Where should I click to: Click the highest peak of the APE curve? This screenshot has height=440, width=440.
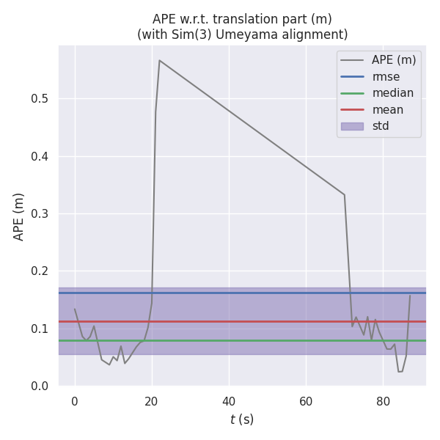pyautogui.click(x=159, y=60)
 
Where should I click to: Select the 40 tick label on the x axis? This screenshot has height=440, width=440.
pyautogui.click(x=229, y=401)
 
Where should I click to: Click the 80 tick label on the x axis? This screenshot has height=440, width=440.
pyautogui.click(x=383, y=401)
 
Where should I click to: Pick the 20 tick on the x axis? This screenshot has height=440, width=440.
pyautogui.click(x=152, y=401)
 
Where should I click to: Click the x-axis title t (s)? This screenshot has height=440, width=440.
pyautogui.click(x=241, y=419)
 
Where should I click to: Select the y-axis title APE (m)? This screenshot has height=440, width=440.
pyautogui.click(x=20, y=216)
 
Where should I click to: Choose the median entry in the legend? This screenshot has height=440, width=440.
pyautogui.click(x=392, y=93)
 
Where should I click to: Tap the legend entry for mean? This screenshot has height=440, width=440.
pyautogui.click(x=387, y=110)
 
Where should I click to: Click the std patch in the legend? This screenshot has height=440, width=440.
pyautogui.click(x=352, y=126)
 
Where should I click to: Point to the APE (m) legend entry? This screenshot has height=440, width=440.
pyautogui.click(x=394, y=60)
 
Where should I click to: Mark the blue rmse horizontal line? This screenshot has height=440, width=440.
pyautogui.click(x=242, y=293)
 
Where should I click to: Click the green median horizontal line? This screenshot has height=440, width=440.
pyautogui.click(x=242, y=340)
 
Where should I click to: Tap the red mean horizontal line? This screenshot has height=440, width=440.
pyautogui.click(x=242, y=321)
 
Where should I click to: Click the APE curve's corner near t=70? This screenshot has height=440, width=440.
pyautogui.click(x=344, y=194)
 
